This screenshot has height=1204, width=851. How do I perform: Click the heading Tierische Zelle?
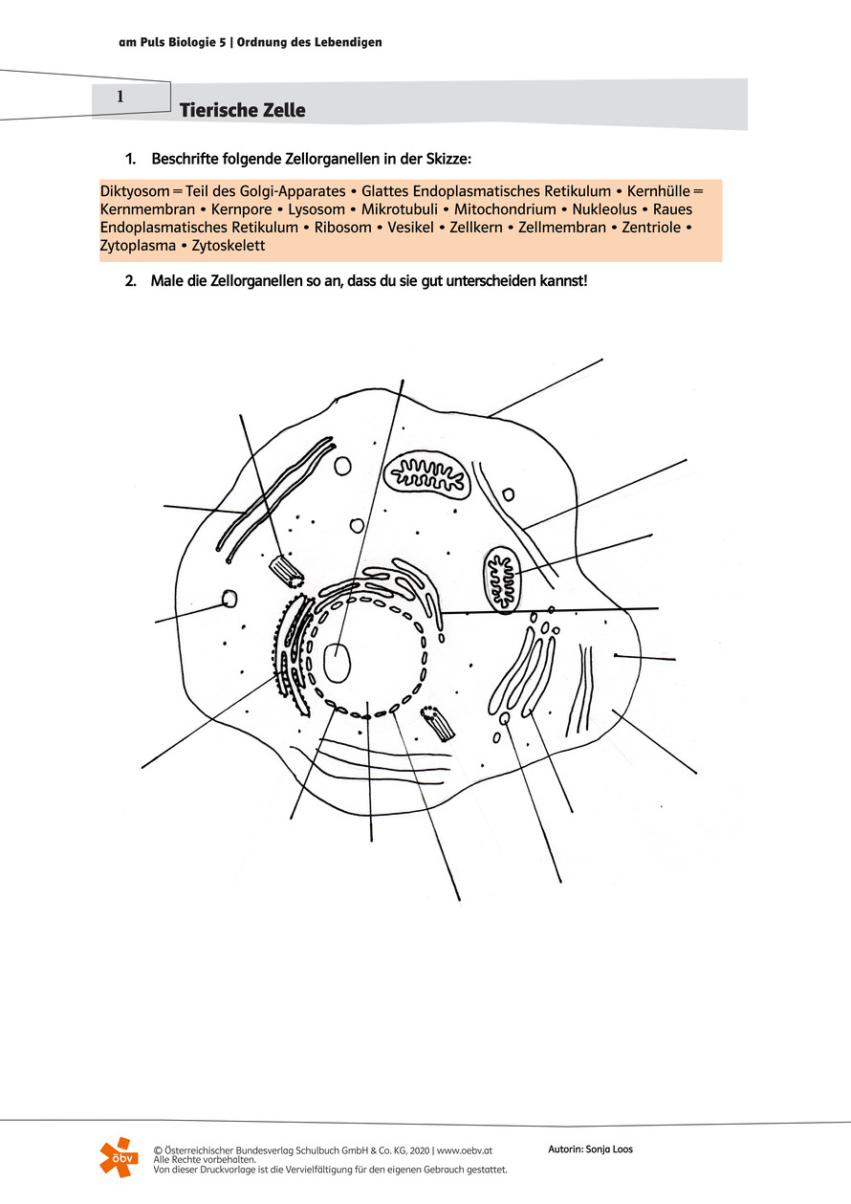tap(242, 111)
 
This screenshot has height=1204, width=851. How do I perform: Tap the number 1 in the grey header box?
tap(120, 97)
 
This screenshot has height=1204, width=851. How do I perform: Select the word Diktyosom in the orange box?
tap(133, 190)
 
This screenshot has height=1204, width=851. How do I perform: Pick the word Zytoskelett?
tap(229, 246)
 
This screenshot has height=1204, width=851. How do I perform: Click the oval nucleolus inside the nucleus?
tap(338, 662)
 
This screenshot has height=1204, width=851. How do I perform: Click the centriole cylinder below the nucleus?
tap(438, 724)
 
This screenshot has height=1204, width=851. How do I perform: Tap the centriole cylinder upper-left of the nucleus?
tap(286, 572)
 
